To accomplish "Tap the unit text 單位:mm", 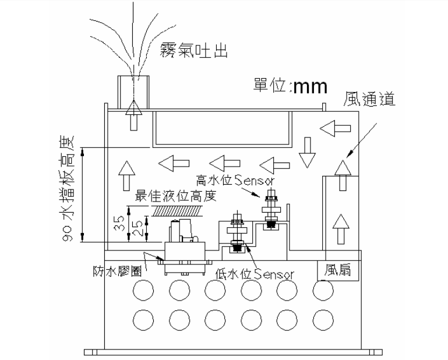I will [x=290, y=86].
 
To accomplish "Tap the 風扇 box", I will [x=338, y=270].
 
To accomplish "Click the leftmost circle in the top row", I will [x=143, y=288].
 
